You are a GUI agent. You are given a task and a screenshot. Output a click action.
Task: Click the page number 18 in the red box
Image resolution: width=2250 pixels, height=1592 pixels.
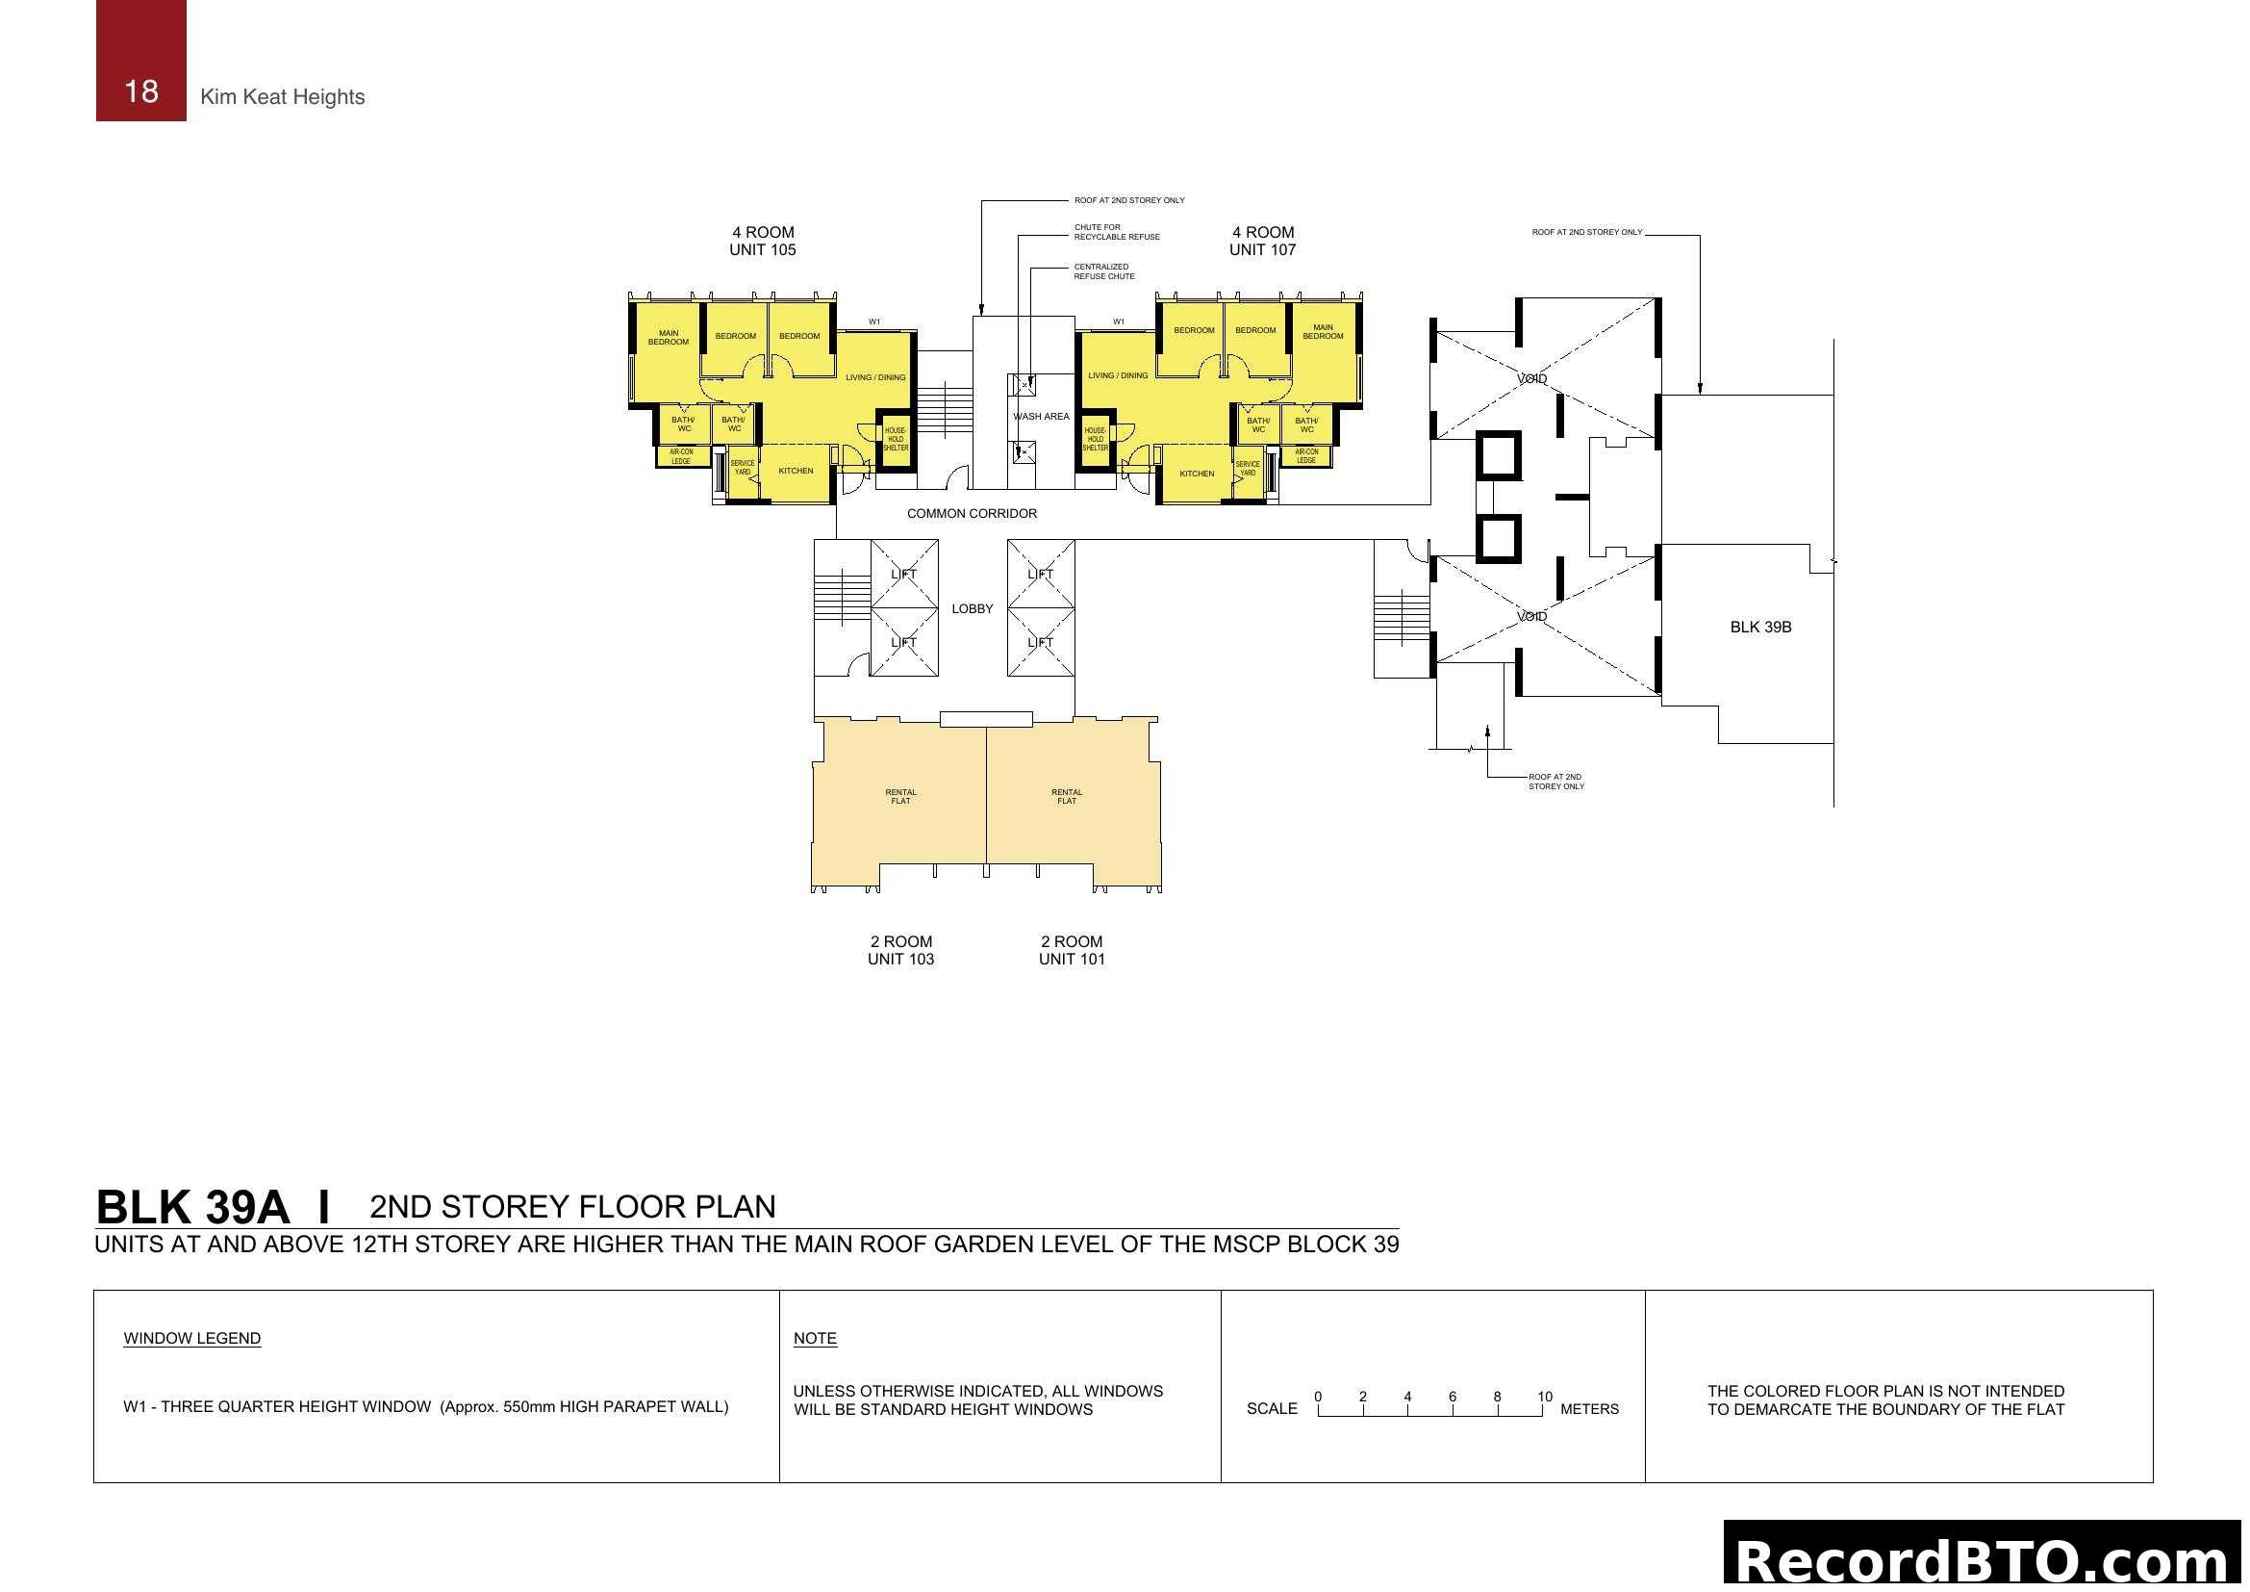pos(141,91)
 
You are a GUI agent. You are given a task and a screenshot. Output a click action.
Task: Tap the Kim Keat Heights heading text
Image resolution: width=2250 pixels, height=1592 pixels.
pos(282,97)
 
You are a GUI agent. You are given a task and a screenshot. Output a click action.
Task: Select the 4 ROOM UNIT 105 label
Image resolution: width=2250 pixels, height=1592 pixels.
pos(763,242)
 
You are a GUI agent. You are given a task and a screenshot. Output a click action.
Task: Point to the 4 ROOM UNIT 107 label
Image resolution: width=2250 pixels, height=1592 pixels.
pos(1262,242)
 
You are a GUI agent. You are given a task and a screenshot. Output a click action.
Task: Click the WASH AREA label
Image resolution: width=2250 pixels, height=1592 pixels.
pos(1041,417)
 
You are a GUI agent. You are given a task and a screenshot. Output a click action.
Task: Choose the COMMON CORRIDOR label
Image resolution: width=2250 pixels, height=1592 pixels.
pos(972,514)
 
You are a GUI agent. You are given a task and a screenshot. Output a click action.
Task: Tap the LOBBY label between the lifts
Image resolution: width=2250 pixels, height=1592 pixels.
pos(973,608)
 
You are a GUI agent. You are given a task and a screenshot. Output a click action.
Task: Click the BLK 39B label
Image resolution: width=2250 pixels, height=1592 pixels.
pos(1760,628)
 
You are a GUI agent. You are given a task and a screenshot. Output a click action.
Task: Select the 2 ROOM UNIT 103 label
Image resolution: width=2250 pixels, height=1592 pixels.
pos(900,950)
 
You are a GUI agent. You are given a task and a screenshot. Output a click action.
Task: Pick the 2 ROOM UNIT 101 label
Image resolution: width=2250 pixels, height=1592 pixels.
pos(1071,950)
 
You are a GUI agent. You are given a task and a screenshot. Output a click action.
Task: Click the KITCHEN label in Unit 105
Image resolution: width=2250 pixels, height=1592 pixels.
pos(796,472)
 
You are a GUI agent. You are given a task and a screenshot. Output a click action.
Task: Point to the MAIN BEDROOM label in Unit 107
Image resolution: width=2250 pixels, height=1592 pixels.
pos(1322,332)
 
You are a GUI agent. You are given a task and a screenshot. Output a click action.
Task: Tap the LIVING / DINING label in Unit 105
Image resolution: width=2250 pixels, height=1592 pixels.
pos(875,377)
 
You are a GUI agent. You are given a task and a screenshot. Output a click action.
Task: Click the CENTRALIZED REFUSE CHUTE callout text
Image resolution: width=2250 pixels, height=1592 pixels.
pos(1103,271)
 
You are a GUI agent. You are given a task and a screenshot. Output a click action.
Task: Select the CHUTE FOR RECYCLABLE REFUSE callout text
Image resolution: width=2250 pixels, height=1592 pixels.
pos(1116,232)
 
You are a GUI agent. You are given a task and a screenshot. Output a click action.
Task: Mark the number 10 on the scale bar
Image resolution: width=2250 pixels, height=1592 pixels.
pos(1545,1397)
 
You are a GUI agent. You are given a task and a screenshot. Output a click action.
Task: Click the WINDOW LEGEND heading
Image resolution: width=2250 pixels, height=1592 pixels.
pos(192,1339)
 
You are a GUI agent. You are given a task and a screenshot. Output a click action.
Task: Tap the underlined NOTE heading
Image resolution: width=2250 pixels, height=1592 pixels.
pos(815,1339)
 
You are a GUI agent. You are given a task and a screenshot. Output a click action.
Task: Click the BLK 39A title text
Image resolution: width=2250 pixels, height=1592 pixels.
pos(192,1208)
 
